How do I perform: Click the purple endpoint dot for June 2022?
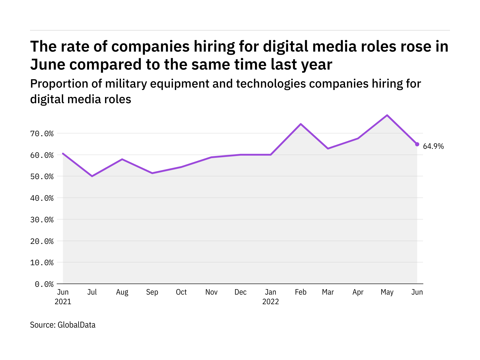[x=417, y=144]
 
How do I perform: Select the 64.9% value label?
[x=433, y=146]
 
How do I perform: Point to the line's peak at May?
[x=387, y=115]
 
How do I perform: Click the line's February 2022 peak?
[x=301, y=124]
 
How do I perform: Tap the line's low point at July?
[x=92, y=176]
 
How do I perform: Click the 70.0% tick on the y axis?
[x=42, y=133]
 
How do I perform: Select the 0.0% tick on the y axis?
[x=44, y=284]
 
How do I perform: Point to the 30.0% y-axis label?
[x=42, y=220]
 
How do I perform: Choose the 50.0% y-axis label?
[x=42, y=176]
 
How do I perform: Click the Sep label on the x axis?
[x=152, y=292]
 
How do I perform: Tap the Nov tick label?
[x=211, y=292]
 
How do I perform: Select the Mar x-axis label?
[x=328, y=292]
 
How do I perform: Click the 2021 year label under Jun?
[x=63, y=301]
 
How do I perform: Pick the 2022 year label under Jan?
[x=271, y=301]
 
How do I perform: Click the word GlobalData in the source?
[x=76, y=325]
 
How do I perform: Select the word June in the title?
[x=48, y=64]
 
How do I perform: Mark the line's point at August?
[x=122, y=159]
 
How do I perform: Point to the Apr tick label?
[x=358, y=292]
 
